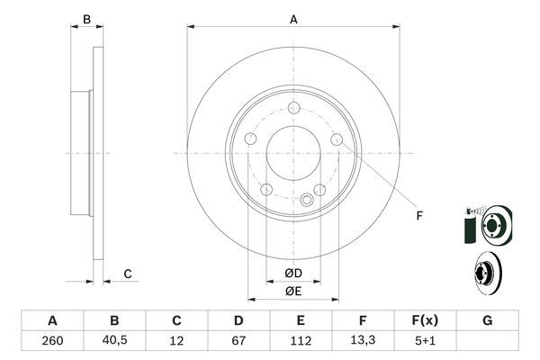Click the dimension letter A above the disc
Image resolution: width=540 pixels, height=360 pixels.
[x=293, y=18]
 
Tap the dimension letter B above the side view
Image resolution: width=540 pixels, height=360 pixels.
[x=86, y=19]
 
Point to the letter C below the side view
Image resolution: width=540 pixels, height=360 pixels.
[x=128, y=274]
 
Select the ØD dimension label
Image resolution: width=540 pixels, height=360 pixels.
[x=292, y=273]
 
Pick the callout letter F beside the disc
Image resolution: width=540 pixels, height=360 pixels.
[x=418, y=214]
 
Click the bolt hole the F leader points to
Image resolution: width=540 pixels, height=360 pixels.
[x=337, y=139]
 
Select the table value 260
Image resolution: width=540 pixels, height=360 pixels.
[x=51, y=340]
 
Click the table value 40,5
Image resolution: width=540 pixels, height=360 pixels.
[x=114, y=340]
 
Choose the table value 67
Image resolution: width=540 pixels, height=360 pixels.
[x=238, y=340]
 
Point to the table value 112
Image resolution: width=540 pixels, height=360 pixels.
[x=301, y=340]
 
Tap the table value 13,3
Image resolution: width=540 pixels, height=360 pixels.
[x=363, y=340]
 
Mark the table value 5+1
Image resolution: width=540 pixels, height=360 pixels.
[x=425, y=340]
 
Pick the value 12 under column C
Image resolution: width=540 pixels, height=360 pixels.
[x=176, y=340]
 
